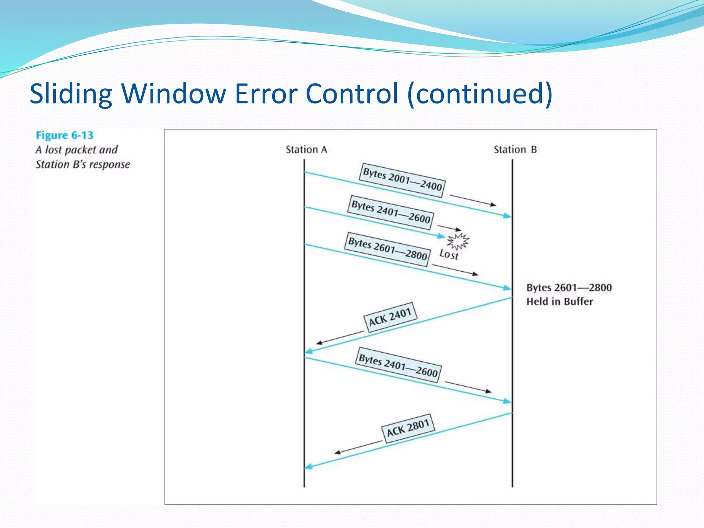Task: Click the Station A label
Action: point(306,150)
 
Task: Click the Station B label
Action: point(515,150)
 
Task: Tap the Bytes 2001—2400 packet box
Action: point(402,180)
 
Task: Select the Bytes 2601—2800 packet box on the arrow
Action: point(387,249)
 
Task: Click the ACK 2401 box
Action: point(390,317)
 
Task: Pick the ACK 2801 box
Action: point(408,428)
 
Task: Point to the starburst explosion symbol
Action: point(458,241)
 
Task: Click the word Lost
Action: point(449,255)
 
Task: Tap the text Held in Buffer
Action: point(560,301)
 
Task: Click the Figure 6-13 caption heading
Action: point(65,135)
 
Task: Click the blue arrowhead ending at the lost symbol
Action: point(441,236)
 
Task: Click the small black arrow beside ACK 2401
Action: point(339,337)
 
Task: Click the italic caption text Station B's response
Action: point(83,164)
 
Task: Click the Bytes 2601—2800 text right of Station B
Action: point(569,287)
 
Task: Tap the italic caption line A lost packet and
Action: point(76,150)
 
